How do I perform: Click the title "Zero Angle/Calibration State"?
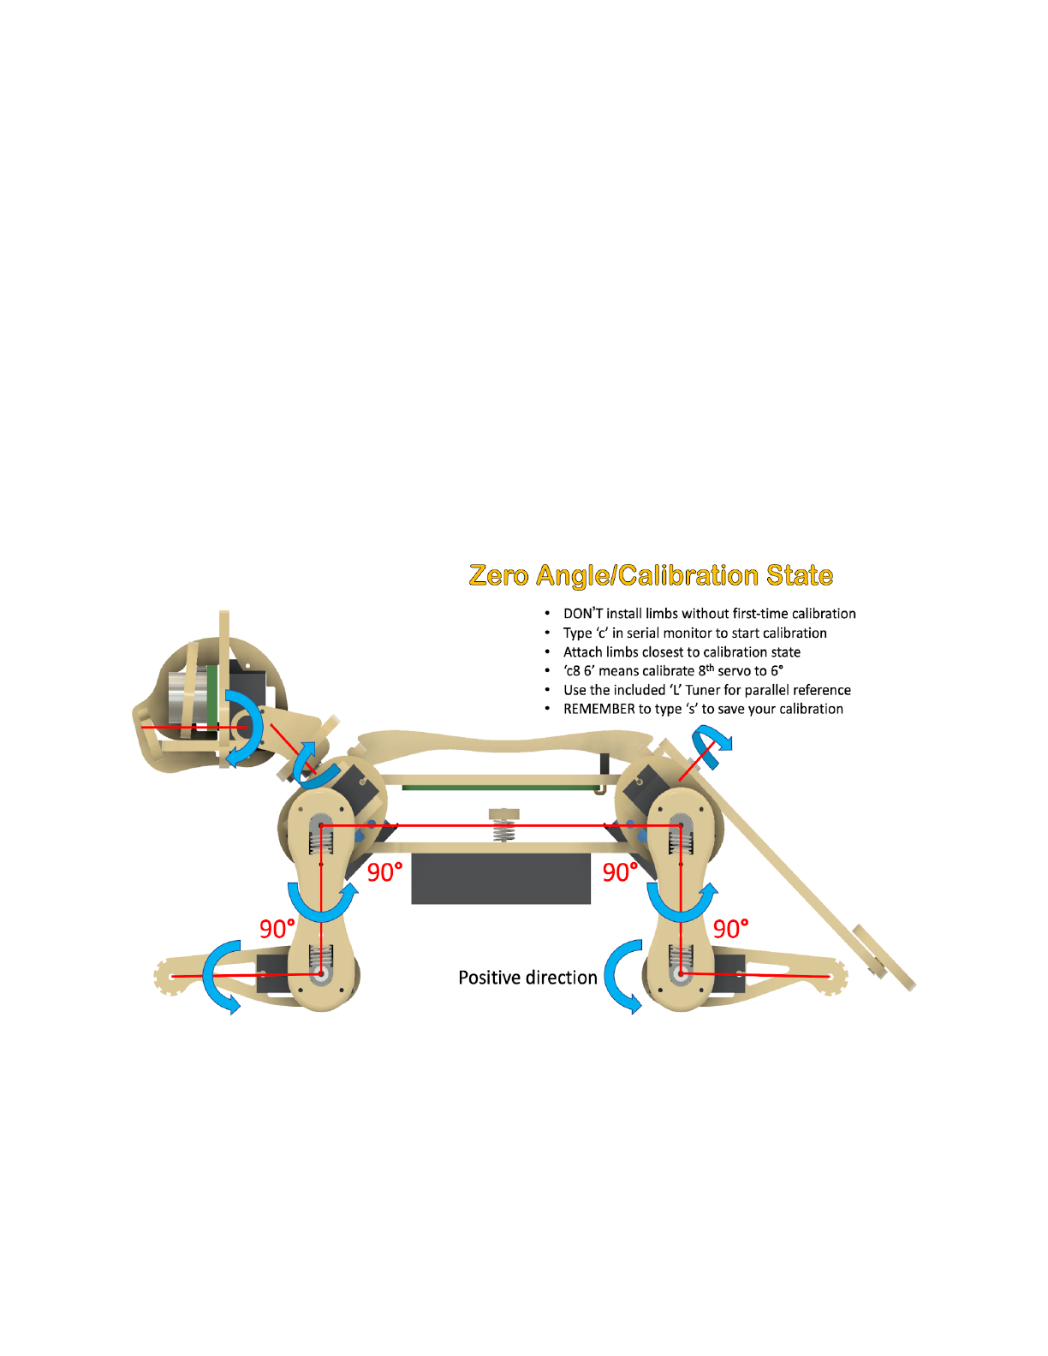coord(651,575)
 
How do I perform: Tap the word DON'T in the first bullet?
coord(583,614)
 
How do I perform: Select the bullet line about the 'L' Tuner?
coord(706,690)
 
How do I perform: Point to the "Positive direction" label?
coord(527,978)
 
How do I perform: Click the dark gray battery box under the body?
coord(501,878)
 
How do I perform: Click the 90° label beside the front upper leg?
coord(384,872)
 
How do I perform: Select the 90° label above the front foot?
coord(277,929)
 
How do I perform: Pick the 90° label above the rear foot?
coord(730,929)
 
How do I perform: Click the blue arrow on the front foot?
coord(221,976)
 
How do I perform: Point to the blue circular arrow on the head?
coord(243,728)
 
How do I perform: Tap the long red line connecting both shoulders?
coord(501,826)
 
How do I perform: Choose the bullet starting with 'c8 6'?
coord(672,671)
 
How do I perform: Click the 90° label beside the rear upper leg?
coord(619,872)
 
